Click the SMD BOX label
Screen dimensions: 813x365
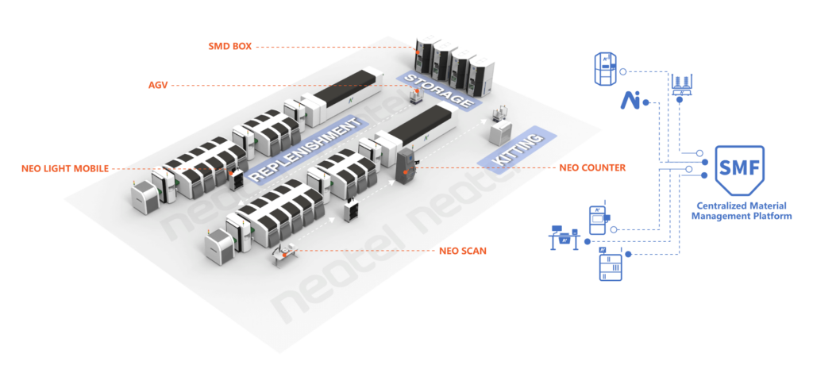click(229, 47)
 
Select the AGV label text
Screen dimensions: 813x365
click(158, 85)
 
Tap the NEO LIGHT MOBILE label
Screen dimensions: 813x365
click(65, 168)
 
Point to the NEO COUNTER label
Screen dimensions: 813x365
click(592, 167)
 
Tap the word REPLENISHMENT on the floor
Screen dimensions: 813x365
click(306, 149)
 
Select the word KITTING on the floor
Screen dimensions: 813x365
click(516, 150)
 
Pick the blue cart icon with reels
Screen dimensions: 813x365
click(684, 85)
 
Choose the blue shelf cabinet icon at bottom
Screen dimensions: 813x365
click(610, 265)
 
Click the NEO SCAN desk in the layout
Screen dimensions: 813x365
click(283, 252)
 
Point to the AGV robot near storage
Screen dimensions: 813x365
click(418, 97)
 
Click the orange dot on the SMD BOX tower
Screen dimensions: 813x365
click(416, 51)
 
